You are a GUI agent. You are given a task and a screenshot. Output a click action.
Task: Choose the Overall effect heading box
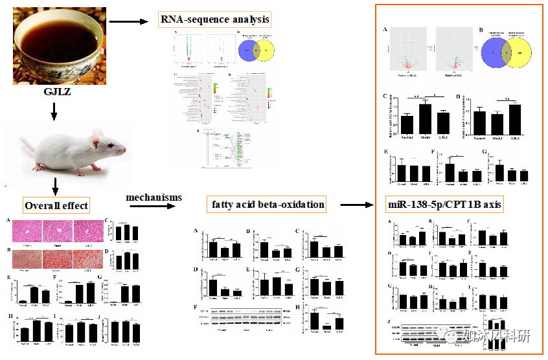click(56, 207)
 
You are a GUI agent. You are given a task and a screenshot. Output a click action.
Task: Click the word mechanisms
click(153, 196)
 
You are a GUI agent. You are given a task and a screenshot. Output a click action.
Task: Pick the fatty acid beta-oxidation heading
click(268, 205)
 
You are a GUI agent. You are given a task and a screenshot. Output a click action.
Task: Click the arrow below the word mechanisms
click(153, 207)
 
